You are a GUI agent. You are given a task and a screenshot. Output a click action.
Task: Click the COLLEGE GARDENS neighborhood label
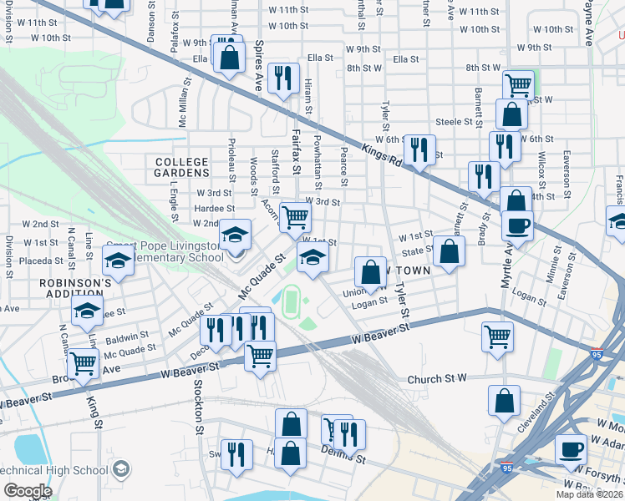click(180, 166)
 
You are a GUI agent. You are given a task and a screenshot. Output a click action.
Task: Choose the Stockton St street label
click(199, 407)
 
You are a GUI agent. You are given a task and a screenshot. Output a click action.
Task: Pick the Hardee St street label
click(214, 208)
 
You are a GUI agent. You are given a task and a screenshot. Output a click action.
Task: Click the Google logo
click(28, 491)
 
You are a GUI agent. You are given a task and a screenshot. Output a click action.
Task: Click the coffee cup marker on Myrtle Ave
click(517, 225)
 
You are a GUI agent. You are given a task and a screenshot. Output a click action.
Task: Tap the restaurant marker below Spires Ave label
click(285, 78)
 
